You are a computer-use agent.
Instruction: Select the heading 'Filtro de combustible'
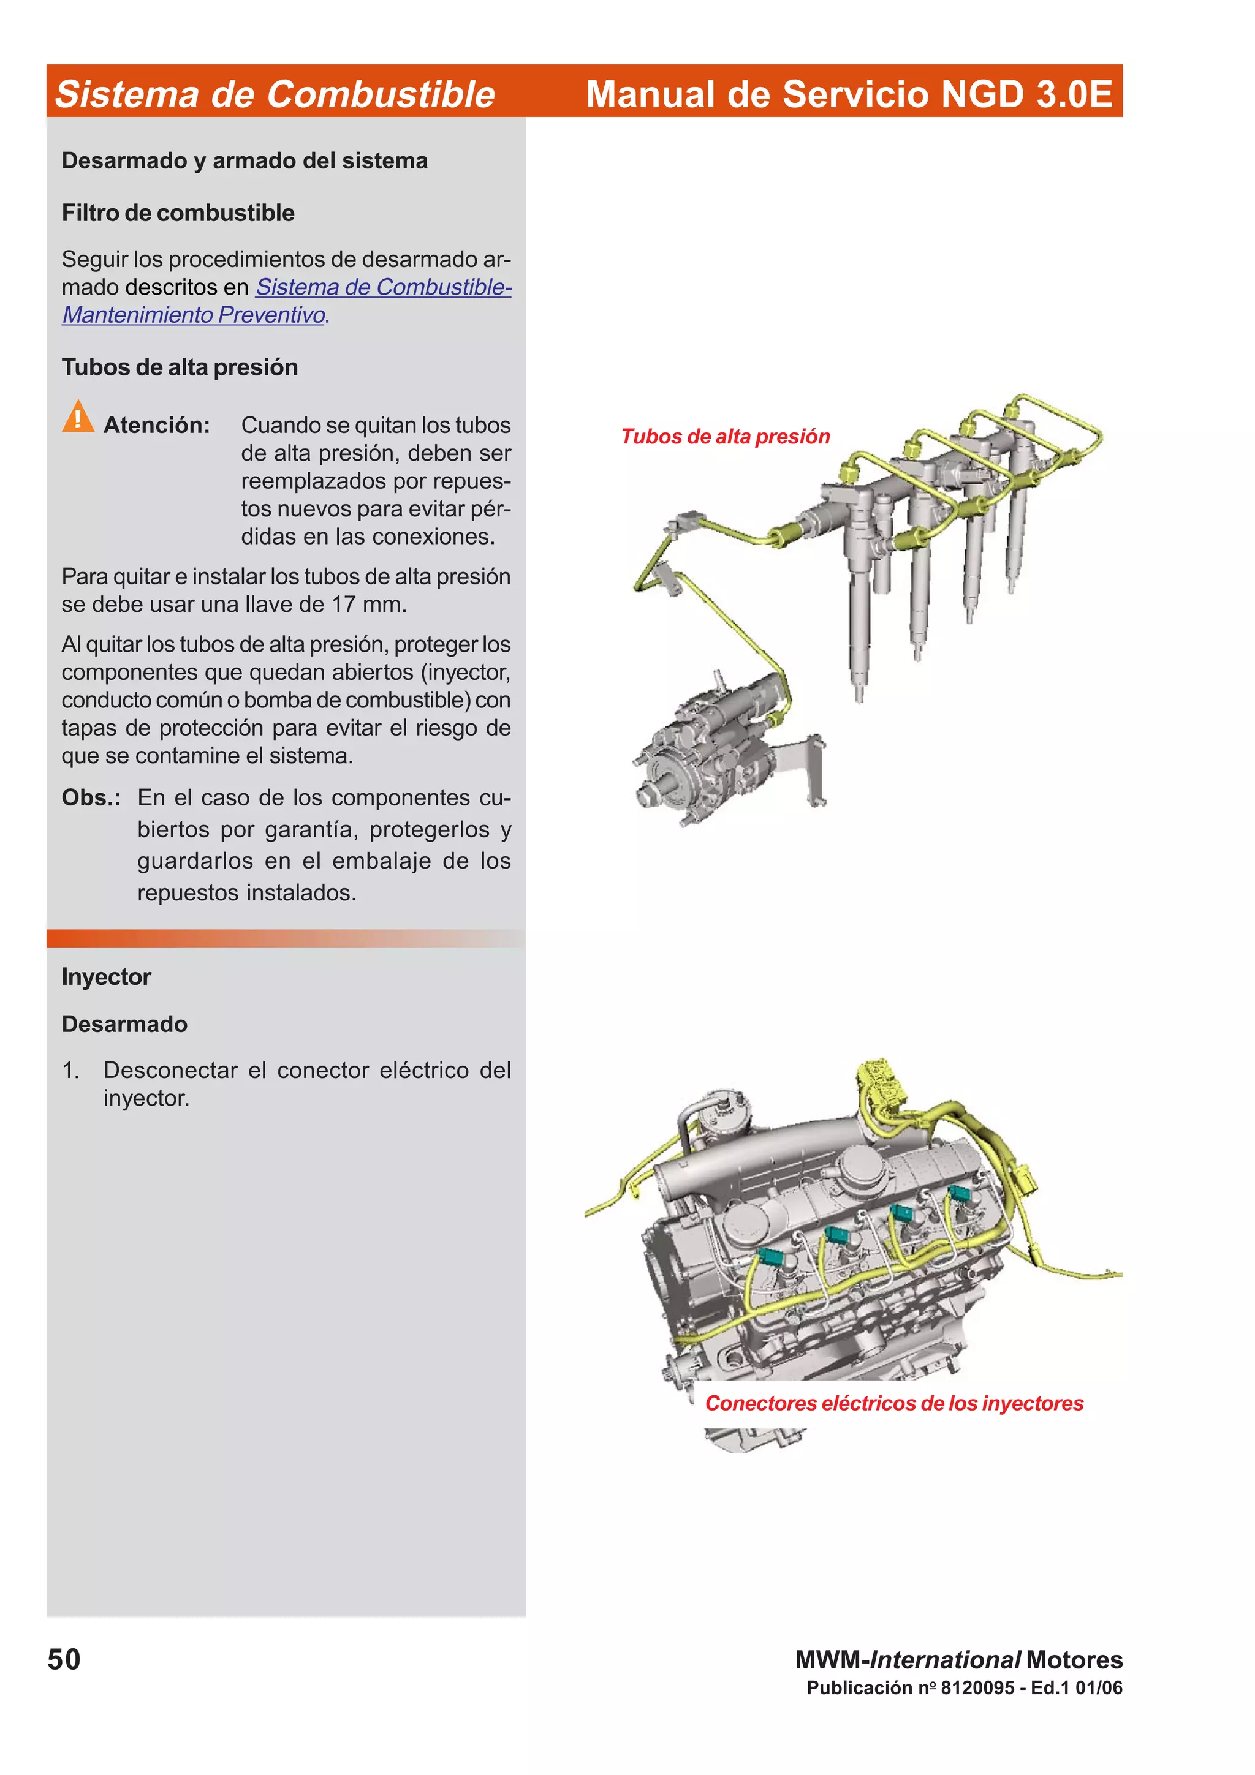click(x=178, y=213)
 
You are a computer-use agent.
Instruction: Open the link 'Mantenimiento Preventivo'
click(x=193, y=315)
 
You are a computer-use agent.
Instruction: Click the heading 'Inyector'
click(x=106, y=976)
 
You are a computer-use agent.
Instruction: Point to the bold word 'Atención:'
click(x=156, y=425)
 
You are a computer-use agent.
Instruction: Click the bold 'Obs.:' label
click(x=91, y=798)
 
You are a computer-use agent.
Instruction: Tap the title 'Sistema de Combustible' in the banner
click(x=275, y=94)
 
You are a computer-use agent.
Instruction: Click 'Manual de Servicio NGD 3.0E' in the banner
click(x=848, y=94)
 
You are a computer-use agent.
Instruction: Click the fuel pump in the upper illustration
click(x=711, y=754)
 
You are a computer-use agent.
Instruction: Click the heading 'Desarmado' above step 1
click(x=124, y=1024)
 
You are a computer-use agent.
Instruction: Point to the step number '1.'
click(x=70, y=1071)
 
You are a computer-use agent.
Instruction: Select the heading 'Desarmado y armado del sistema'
click(x=245, y=161)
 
